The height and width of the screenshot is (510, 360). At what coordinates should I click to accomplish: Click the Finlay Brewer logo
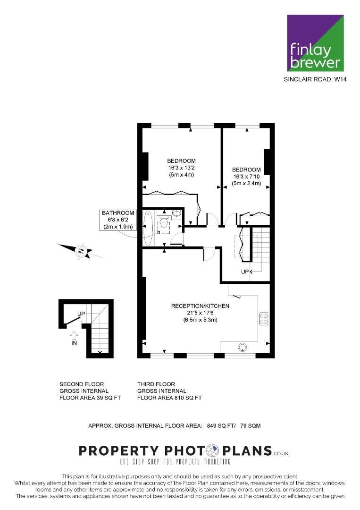click(x=315, y=43)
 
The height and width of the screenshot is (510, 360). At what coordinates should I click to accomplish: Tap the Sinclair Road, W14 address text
click(x=315, y=79)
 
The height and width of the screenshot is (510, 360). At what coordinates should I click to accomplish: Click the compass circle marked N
click(x=81, y=251)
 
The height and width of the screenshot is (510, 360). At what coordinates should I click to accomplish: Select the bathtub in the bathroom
click(x=148, y=228)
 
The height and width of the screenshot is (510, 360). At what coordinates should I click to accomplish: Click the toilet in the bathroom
click(x=163, y=223)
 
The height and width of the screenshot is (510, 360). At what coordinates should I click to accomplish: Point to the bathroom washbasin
click(x=176, y=213)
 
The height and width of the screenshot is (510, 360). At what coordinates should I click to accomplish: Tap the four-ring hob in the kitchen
click(x=264, y=319)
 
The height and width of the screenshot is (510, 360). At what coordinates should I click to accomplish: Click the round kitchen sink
click(x=242, y=348)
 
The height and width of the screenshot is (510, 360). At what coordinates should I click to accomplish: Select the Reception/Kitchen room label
click(x=200, y=306)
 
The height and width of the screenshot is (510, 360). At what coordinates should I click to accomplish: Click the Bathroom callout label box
click(x=118, y=220)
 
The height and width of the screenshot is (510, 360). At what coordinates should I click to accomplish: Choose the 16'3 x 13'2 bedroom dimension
click(x=181, y=168)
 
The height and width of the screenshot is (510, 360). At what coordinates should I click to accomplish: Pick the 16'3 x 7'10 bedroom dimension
click(x=246, y=177)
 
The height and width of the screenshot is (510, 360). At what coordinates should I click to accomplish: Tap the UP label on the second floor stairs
click(x=81, y=314)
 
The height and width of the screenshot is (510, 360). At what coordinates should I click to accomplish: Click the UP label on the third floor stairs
click(x=245, y=272)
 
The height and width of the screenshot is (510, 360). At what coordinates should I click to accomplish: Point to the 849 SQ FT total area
click(x=221, y=425)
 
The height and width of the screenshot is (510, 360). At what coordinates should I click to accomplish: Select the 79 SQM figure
click(x=250, y=425)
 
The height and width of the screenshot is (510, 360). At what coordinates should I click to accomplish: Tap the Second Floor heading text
click(x=82, y=384)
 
